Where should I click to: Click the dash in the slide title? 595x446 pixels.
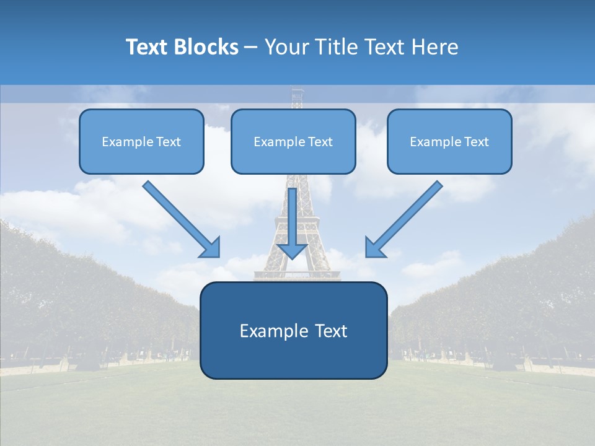tap(251, 48)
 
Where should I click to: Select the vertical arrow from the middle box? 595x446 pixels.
tap(293, 217)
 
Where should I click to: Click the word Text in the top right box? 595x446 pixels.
tap(476, 142)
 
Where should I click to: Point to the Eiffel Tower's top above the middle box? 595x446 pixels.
tap(298, 97)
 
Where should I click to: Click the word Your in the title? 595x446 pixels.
tap(286, 47)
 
